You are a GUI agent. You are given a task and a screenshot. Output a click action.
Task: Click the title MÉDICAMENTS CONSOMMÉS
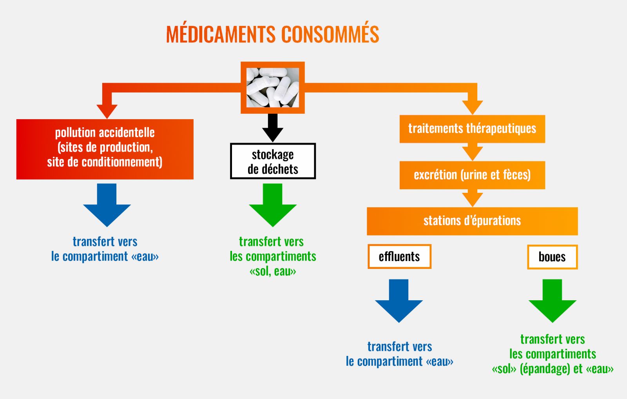pyautogui.click(x=272, y=34)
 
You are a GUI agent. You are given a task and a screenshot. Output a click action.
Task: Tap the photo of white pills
pyautogui.click(x=272, y=87)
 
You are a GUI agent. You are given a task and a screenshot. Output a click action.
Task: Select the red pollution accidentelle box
pyautogui.click(x=105, y=149)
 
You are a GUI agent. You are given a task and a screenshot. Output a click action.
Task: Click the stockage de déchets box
pyautogui.click(x=273, y=161)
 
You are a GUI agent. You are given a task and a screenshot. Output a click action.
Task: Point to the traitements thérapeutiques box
pyautogui.click(x=472, y=129)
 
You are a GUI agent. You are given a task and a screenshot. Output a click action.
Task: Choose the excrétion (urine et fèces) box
pyautogui.click(x=472, y=175)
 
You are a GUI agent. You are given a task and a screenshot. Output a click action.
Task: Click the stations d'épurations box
pyautogui.click(x=472, y=221)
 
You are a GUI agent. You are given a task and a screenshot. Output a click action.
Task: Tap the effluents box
pyautogui.click(x=399, y=257)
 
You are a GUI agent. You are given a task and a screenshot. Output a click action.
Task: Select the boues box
pyautogui.click(x=552, y=257)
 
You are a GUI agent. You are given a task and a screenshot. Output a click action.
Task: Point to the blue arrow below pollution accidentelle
pyautogui.click(x=107, y=206)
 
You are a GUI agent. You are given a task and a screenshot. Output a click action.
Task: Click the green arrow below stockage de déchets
pyautogui.click(x=273, y=206)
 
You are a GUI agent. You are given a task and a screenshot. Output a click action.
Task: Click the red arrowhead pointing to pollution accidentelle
pyautogui.click(x=107, y=110)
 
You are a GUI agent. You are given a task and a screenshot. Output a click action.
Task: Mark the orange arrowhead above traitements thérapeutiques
pyautogui.click(x=472, y=107)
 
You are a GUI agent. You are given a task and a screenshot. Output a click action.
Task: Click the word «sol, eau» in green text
pyautogui.click(x=273, y=271)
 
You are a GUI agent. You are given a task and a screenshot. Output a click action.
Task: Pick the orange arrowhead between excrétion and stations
pyautogui.click(x=472, y=198)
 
